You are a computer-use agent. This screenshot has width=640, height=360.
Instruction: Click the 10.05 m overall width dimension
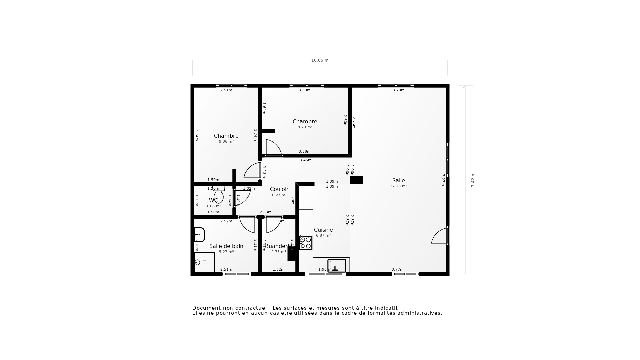(320, 60)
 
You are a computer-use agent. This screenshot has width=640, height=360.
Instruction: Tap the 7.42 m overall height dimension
(473, 180)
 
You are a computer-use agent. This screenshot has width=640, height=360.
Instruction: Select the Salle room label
(398, 180)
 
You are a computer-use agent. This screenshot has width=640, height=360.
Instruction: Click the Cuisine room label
(323, 230)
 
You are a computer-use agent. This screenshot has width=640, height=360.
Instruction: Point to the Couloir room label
(279, 189)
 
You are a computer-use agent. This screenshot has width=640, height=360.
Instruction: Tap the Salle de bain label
(226, 246)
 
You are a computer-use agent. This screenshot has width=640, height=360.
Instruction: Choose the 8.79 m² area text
(305, 127)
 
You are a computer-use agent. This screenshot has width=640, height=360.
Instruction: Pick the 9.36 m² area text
(226, 141)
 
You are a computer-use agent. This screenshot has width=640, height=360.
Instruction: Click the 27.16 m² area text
(398, 186)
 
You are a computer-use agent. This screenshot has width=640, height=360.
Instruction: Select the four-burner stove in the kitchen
(305, 243)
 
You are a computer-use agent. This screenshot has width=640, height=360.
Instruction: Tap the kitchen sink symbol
(336, 266)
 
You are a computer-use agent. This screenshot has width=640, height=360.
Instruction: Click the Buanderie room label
(278, 246)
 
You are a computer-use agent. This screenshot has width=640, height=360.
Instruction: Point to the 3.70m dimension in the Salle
(398, 90)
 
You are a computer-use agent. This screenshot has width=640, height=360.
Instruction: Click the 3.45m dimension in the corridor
(305, 160)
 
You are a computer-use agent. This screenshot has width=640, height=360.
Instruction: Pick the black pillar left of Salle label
(356, 180)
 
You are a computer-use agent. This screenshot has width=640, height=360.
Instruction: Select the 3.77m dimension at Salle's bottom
(397, 269)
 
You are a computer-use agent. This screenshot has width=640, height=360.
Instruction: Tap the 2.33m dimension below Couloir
(265, 212)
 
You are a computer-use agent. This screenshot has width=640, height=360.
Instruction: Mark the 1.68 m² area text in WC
(213, 206)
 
